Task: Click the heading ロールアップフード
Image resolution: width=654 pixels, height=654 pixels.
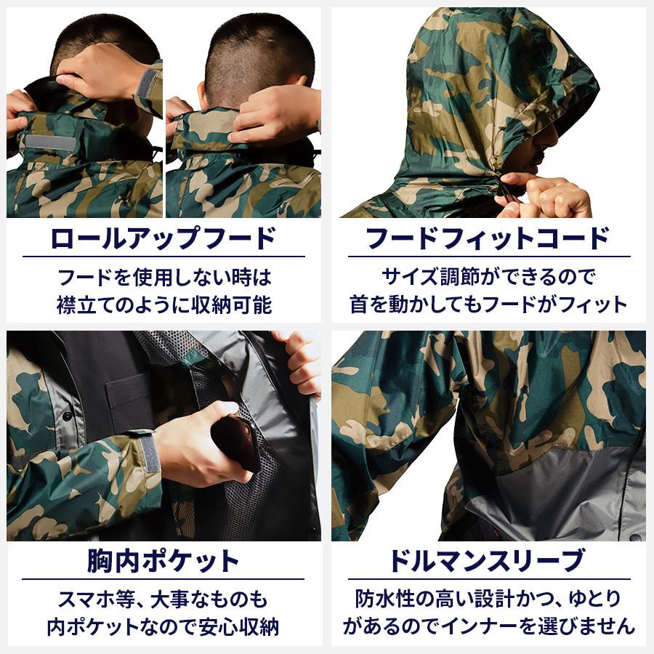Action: pos(163,238)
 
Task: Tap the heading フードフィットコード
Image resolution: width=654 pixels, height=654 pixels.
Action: pos(488,238)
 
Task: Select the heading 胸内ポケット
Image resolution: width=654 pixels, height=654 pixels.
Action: pos(163,561)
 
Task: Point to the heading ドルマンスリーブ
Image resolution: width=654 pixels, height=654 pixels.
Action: pos(488,561)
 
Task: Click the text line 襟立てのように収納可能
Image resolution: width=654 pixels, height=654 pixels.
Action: pos(163,304)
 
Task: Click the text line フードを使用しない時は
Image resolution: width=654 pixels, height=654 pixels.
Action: pos(163,277)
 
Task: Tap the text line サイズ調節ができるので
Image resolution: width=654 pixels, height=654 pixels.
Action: pos(488,277)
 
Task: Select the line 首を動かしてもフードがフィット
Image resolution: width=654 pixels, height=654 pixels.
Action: pos(488,304)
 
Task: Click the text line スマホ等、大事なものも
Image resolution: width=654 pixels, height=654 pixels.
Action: pos(163,599)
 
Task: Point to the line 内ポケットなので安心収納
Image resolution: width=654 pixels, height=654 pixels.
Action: pos(163,626)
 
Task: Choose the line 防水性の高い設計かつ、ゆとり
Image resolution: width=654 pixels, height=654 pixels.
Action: pos(488,599)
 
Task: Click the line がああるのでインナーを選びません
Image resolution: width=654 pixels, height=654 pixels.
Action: pos(488,626)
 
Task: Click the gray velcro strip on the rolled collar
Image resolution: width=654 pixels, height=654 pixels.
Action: pos(51,142)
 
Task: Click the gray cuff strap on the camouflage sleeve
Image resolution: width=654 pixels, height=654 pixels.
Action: pos(149,454)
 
